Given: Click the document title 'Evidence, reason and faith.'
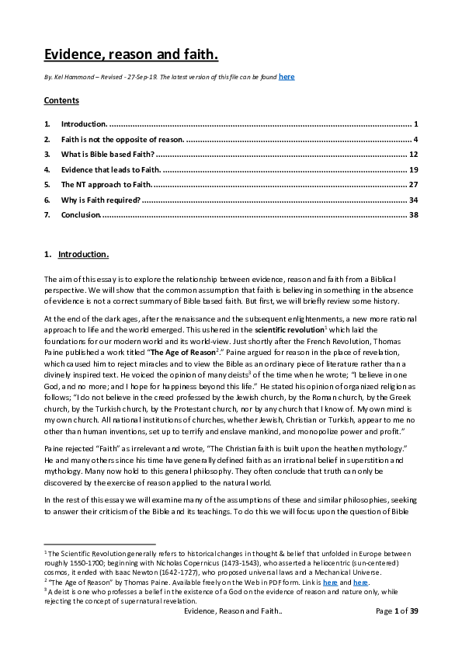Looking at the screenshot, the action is pyautogui.click(x=130, y=54).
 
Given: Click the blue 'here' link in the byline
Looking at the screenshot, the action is pyautogui.click(x=287, y=77).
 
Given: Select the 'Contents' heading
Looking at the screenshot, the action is pyautogui.click(x=61, y=101).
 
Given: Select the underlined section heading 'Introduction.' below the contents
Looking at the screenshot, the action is pyautogui.click(x=84, y=255).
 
